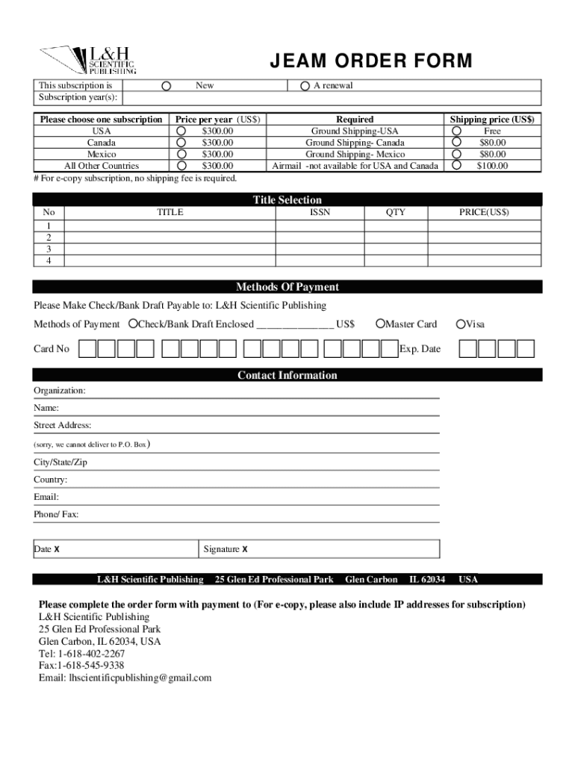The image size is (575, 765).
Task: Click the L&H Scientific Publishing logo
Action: (88, 60)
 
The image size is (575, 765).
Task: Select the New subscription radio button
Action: (167, 86)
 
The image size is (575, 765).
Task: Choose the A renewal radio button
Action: (305, 86)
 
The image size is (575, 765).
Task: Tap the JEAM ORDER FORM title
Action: (370, 61)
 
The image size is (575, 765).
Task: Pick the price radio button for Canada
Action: (181, 143)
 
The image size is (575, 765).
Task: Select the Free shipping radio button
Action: (456, 131)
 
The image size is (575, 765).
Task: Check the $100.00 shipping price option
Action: (456, 166)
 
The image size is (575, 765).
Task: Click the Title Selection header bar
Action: (287, 199)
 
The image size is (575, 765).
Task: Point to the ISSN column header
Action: (320, 212)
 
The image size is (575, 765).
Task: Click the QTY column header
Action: (396, 212)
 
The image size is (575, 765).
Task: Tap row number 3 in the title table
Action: (49, 249)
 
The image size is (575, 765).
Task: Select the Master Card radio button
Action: (380, 323)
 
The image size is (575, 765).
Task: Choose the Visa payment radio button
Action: (461, 323)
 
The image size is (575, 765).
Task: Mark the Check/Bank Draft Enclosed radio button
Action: (133, 323)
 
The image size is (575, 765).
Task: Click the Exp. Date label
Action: (420, 349)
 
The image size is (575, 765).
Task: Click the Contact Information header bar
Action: (287, 375)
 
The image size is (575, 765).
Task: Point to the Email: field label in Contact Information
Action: (46, 497)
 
